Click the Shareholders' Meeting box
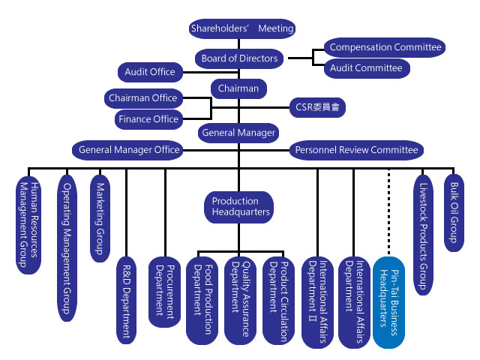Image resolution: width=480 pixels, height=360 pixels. click(242, 28)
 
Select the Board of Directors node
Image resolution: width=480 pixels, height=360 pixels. click(239, 58)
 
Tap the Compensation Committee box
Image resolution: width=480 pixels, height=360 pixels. click(385, 47)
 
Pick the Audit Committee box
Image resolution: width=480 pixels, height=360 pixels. click(367, 68)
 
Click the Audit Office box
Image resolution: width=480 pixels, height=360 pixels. click(150, 72)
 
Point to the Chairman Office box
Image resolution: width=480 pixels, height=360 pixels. click(143, 98)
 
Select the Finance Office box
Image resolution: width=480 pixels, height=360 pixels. click(148, 119)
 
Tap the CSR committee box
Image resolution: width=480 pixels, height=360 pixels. click(317, 107)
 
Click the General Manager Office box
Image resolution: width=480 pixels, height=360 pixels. click(127, 150)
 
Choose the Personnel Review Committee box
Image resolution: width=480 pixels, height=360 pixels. click(357, 150)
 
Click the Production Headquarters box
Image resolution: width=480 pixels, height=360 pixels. click(238, 207)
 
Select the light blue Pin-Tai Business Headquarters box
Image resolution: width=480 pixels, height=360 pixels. click(388, 302)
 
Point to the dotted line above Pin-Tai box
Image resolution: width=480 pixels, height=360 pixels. click(388, 211)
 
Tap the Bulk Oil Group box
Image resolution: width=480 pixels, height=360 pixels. click(454, 213)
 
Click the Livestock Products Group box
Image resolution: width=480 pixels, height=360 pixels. click(423, 235)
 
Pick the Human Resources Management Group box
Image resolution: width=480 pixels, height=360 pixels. click(28, 225)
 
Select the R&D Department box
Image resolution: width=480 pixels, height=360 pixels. click(127, 300)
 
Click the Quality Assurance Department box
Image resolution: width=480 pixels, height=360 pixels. click(240, 301)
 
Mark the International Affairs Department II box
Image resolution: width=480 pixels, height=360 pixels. click(317, 302)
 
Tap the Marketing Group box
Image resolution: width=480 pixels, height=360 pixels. click(100, 218)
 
